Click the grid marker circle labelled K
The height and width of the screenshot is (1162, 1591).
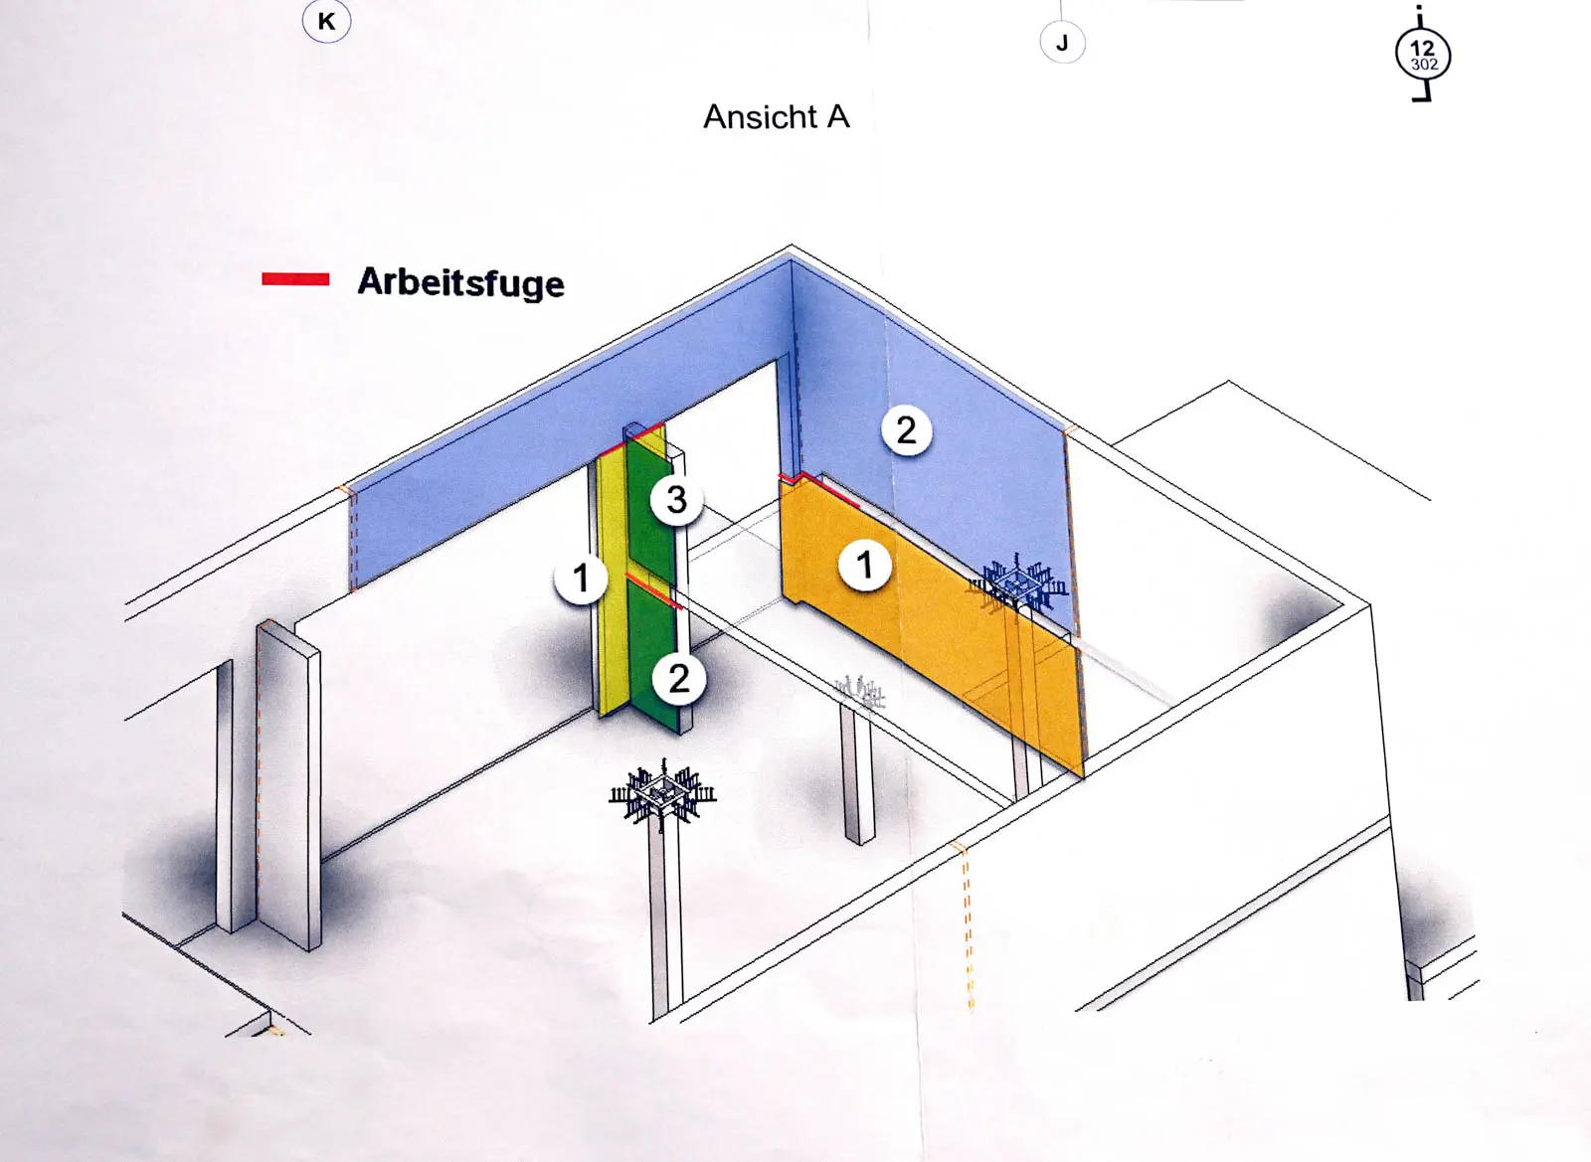327,21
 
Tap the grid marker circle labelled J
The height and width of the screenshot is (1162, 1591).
1063,43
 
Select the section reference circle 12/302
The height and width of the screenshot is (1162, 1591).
1423,56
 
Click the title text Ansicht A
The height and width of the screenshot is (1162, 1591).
777,117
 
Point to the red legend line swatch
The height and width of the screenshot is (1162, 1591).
295,279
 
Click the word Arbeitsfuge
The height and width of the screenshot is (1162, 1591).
461,282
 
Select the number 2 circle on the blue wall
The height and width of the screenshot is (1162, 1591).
906,430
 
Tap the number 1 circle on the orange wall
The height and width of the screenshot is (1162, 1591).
864,566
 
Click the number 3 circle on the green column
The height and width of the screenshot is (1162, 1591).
677,499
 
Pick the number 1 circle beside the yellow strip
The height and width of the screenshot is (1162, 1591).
581,578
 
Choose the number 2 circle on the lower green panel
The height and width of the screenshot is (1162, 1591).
679,678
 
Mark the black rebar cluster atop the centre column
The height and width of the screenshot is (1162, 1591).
662,793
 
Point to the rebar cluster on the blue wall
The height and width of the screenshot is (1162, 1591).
1017,585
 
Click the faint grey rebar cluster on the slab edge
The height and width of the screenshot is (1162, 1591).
861,694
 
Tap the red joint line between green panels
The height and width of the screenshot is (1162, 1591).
653,590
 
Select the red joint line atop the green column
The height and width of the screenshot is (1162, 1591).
631,439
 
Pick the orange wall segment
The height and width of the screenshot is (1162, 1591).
931,624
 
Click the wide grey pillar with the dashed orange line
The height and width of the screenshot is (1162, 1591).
288,784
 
